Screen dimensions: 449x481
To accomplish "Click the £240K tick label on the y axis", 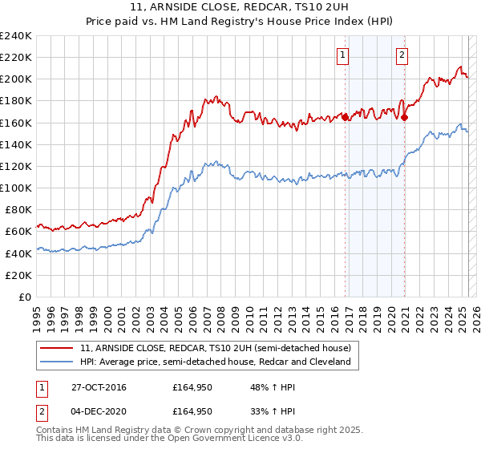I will tap(16, 36).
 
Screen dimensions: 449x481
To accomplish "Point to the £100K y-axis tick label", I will tap(16, 188).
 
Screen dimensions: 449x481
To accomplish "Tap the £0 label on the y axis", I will tap(26, 297).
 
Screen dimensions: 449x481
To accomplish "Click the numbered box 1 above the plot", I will tap(342, 55).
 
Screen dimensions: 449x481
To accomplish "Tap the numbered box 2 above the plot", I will tap(401, 55).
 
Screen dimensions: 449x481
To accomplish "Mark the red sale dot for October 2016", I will tap(346, 117).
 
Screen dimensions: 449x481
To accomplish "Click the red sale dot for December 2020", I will tap(404, 117).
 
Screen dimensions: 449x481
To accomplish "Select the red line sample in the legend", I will tap(58, 349).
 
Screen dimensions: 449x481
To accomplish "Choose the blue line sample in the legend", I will tap(58, 362).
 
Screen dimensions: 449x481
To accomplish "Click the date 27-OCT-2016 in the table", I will tap(99, 387).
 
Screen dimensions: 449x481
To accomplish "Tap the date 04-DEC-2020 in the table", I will tap(99, 413).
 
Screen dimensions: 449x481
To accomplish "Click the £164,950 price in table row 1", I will tap(192, 387).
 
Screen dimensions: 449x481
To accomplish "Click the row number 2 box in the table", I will tap(42, 413).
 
